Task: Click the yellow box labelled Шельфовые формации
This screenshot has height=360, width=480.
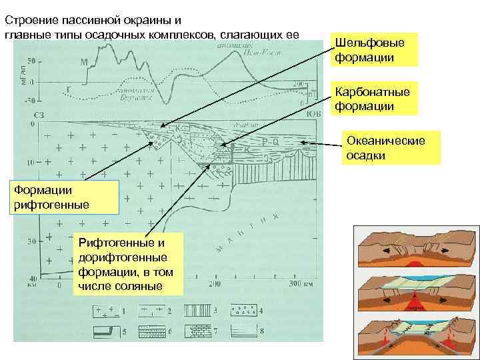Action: click(375, 50)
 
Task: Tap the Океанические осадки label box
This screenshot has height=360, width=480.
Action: click(391, 147)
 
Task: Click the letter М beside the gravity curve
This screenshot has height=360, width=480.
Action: click(84, 63)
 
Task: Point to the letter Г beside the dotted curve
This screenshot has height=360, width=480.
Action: click(68, 88)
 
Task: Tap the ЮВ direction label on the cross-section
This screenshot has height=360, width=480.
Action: click(313, 115)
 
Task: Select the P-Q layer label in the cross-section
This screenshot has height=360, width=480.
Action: click(269, 142)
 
